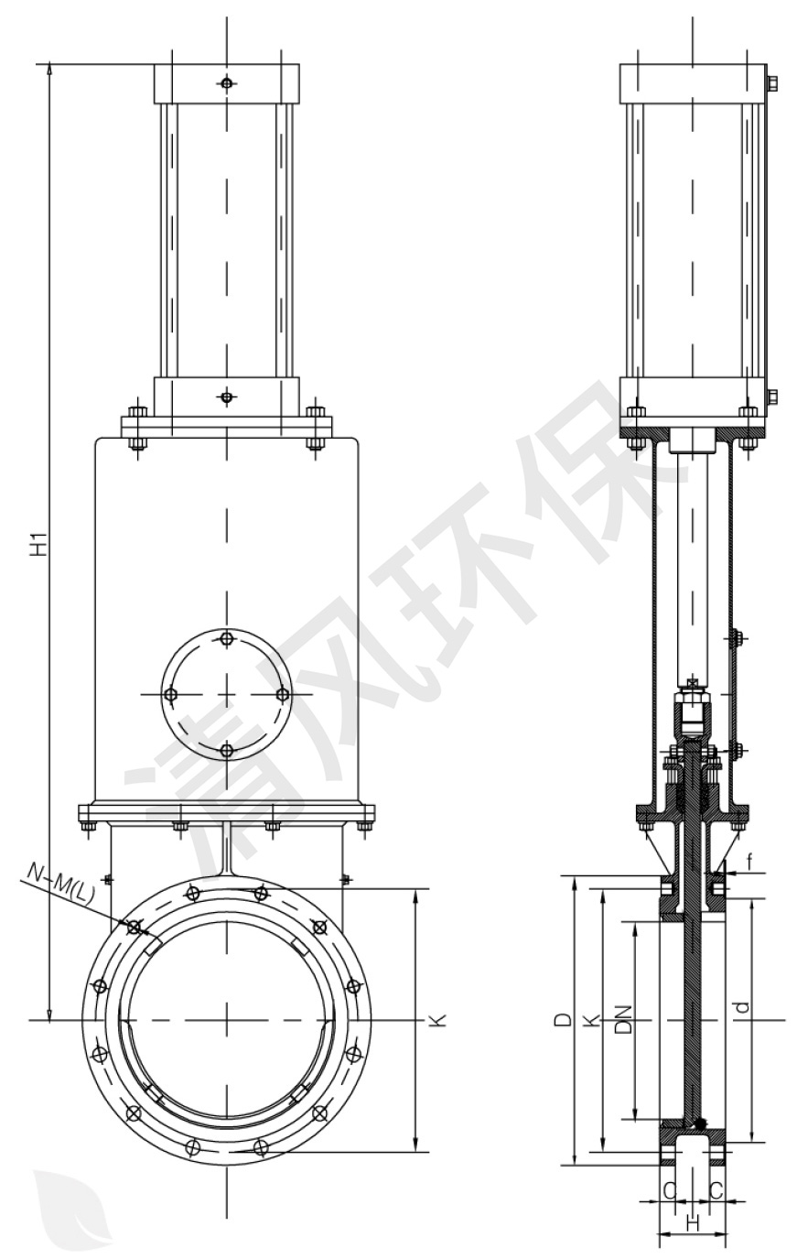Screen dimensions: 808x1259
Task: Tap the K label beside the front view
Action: coord(440,1020)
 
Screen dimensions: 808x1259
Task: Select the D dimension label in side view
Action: coord(565,1020)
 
